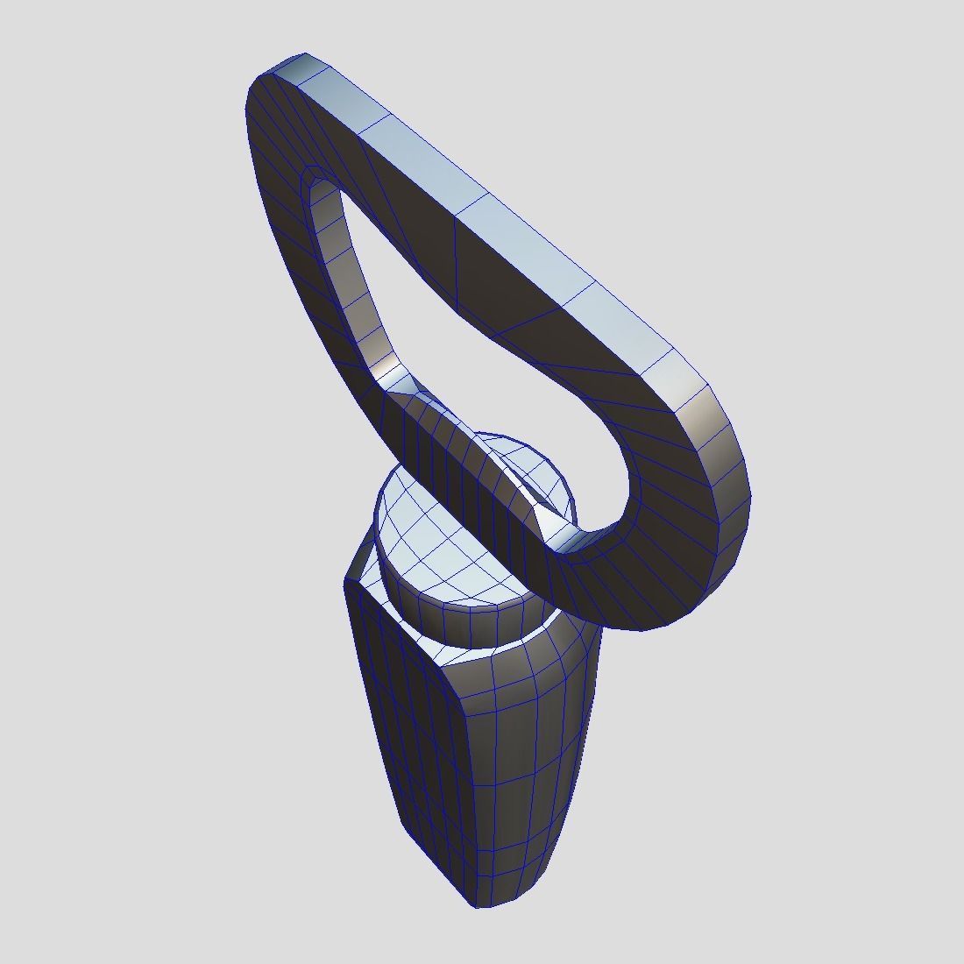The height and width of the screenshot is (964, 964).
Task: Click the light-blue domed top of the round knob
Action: [438, 535]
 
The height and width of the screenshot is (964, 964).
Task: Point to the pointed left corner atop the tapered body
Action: [350, 574]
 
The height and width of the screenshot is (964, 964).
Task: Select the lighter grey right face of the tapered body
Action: [526, 762]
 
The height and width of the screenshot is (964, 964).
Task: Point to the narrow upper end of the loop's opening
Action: [320, 188]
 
